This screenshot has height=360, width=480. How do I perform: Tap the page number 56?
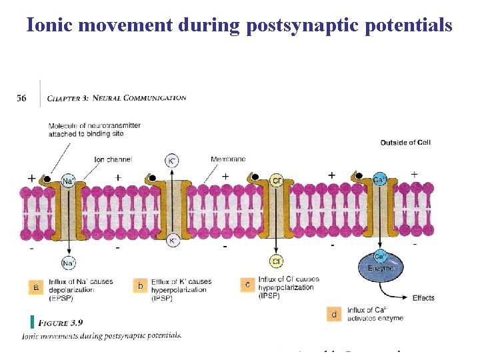coord(21,98)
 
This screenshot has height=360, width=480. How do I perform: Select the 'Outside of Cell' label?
coord(405,142)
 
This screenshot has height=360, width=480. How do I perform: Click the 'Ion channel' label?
coord(113,159)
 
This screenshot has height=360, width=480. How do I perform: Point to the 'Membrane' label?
coord(228,159)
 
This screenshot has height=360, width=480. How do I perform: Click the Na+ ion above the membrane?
coord(68,181)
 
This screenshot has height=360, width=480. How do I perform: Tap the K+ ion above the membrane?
coord(172,161)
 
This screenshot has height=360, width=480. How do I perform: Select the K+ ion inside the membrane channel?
coord(172,240)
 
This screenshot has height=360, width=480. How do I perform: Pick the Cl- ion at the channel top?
coord(277,181)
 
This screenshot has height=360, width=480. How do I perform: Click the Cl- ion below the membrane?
coord(276,261)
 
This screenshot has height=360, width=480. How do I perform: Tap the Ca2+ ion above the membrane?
coord(379,179)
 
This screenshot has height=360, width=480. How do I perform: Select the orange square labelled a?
coord(37,287)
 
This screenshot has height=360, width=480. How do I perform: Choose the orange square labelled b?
coord(141,287)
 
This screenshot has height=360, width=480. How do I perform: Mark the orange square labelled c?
coord(247,285)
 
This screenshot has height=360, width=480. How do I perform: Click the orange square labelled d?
coord(335,313)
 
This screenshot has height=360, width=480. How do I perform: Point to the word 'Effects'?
coord(423,298)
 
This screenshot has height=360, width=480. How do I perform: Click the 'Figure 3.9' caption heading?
coord(60,323)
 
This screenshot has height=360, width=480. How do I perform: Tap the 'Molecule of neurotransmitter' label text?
coord(86,126)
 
